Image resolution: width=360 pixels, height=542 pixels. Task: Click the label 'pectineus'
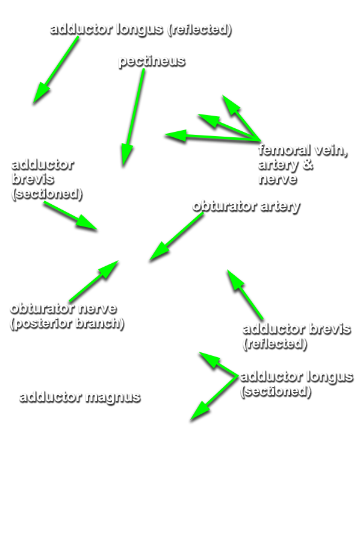pyautogui.click(x=152, y=61)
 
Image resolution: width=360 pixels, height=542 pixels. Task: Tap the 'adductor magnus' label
pyautogui.click(x=80, y=397)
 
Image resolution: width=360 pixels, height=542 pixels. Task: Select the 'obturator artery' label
pyautogui.click(x=246, y=206)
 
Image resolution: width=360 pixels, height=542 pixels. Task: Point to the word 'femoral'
pyautogui.click(x=284, y=150)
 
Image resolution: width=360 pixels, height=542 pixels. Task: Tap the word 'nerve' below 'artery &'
pyautogui.click(x=278, y=179)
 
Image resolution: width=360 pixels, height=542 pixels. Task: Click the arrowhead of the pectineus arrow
pyautogui.click(x=126, y=155)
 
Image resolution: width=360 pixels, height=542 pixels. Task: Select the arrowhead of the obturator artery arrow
pyautogui.click(x=158, y=252)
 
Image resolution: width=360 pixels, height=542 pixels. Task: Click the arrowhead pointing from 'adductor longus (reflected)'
pyautogui.click(x=41, y=94)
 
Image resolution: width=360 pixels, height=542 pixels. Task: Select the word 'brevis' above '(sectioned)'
pyautogui.click(x=33, y=179)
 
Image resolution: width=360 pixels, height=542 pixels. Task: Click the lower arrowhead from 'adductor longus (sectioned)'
pyautogui.click(x=200, y=411)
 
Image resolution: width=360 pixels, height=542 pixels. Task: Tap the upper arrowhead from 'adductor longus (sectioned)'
pyautogui.click(x=209, y=360)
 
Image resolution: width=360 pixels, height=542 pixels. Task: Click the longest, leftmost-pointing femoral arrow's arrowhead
pyautogui.click(x=176, y=135)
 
